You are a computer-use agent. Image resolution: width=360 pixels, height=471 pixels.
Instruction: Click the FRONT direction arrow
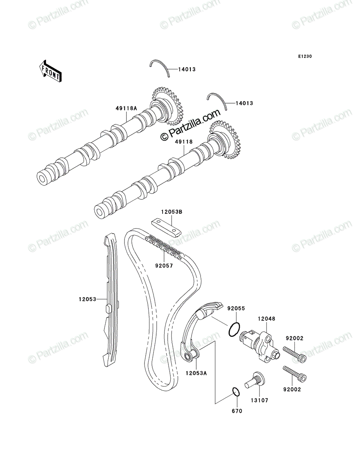(x=50, y=71)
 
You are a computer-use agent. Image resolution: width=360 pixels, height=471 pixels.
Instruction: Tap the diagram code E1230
(x=305, y=57)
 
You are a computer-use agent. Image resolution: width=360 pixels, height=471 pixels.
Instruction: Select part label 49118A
(x=126, y=108)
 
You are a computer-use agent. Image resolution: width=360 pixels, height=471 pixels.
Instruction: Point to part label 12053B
(x=172, y=212)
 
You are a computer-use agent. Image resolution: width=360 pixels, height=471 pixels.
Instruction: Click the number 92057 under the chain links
(x=164, y=266)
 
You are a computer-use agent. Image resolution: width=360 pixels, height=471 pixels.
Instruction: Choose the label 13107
(x=259, y=400)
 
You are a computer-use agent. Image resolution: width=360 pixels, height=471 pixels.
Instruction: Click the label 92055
(x=236, y=309)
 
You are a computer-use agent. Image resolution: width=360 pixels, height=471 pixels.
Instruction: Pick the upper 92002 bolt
(x=294, y=356)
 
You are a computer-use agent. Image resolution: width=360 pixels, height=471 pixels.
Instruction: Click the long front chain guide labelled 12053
(x=110, y=300)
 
